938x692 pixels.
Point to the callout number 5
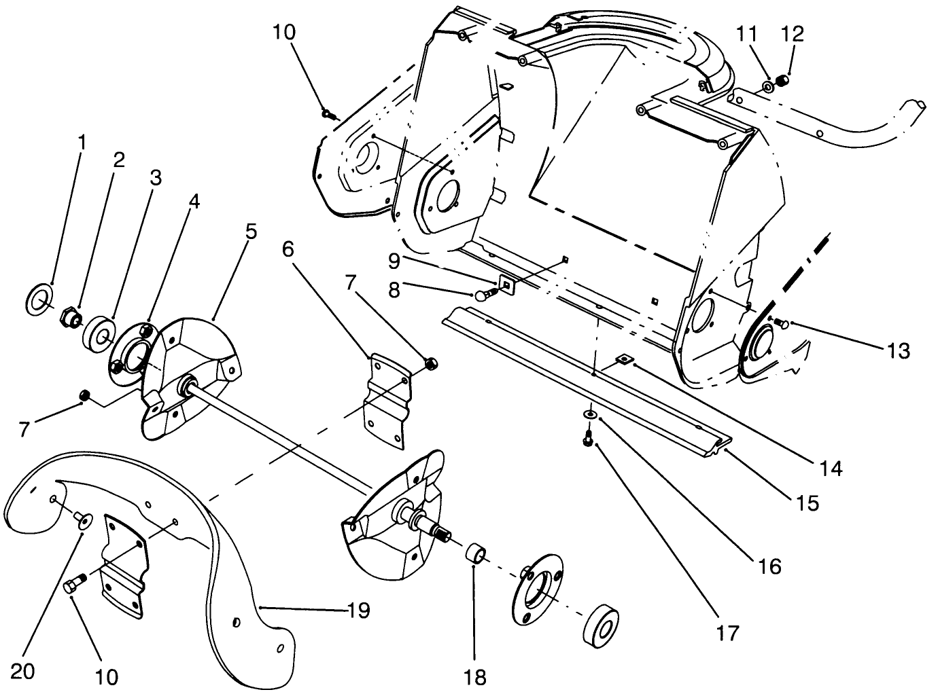pyautogui.click(x=251, y=232)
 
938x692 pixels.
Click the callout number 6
pyautogui.click(x=288, y=249)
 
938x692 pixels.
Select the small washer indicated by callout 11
pyautogui.click(x=768, y=86)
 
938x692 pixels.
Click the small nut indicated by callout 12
pyautogui.click(x=782, y=81)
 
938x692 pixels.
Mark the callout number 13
pyautogui.click(x=898, y=350)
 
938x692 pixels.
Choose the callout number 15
pyautogui.click(x=809, y=503)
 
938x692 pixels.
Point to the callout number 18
pyautogui.click(x=476, y=677)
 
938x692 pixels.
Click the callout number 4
pyautogui.click(x=194, y=201)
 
